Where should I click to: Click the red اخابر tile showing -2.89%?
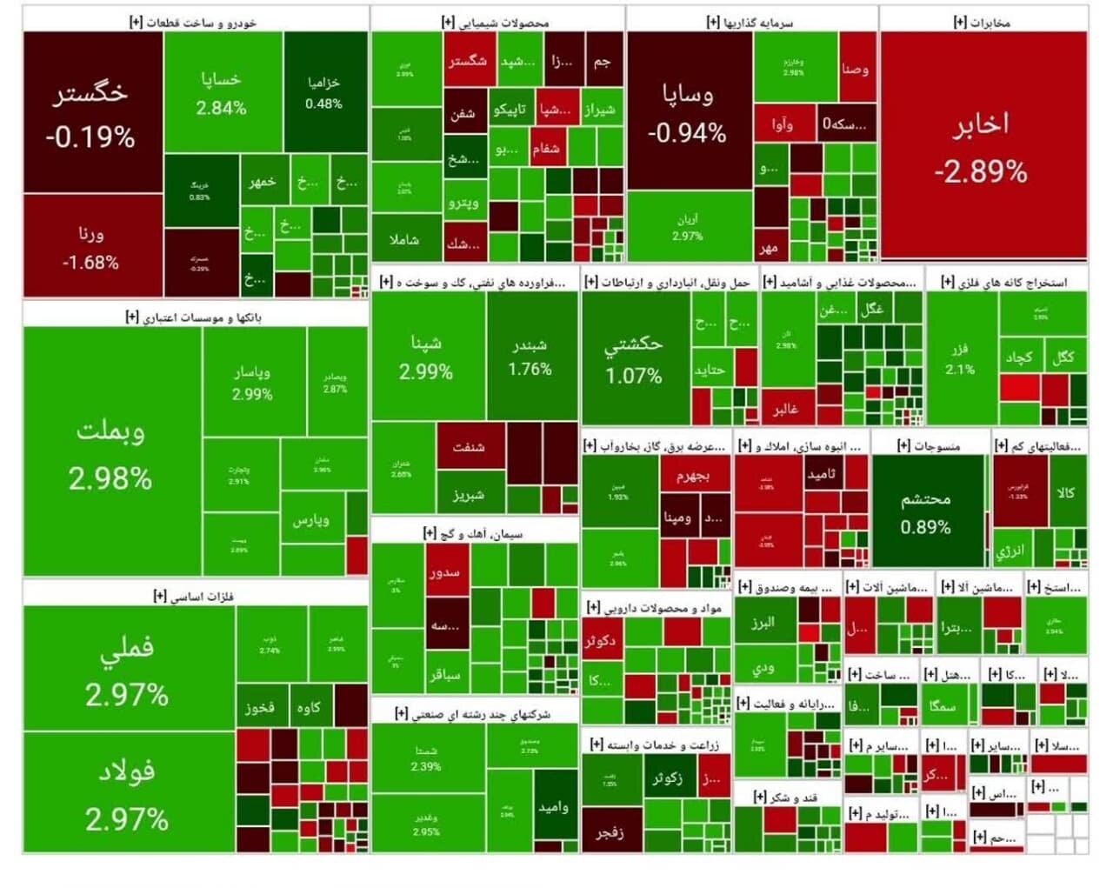click(983, 146)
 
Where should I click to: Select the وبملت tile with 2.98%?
click(111, 452)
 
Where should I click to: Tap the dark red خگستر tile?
click(91, 113)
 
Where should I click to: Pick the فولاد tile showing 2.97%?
click(128, 792)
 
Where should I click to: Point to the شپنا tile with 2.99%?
click(426, 357)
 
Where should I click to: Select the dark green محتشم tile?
click(925, 511)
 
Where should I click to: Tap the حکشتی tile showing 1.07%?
click(634, 358)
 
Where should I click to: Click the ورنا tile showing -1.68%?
click(91, 246)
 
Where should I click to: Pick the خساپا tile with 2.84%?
click(222, 92)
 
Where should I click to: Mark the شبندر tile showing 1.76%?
click(530, 357)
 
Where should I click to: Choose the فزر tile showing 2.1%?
click(960, 358)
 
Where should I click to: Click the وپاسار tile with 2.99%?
click(252, 382)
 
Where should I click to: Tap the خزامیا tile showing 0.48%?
click(324, 92)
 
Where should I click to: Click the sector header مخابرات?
click(983, 22)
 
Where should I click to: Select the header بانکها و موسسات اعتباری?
click(195, 317)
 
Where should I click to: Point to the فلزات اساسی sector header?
click(195, 596)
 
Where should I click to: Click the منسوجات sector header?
click(930, 445)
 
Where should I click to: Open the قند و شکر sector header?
click(787, 797)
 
